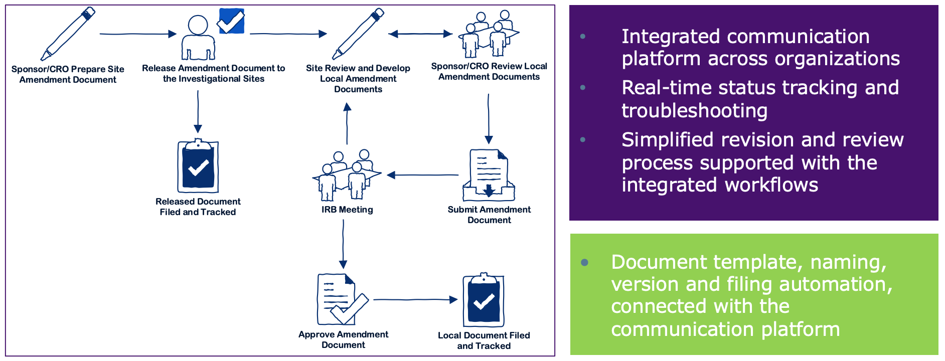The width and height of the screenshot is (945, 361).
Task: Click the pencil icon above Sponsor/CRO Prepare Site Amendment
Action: tap(68, 34)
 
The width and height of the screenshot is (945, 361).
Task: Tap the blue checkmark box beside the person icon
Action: tap(231, 21)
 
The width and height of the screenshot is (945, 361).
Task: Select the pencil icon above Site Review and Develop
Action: tap(358, 34)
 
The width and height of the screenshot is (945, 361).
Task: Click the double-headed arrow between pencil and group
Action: tap(420, 34)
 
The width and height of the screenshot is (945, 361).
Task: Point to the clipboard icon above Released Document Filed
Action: tap(198, 166)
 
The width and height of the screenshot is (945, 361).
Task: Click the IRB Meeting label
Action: tap(347, 210)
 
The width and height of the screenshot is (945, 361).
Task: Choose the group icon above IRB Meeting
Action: tap(347, 174)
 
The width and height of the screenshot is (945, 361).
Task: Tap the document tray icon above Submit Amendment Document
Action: tap(489, 175)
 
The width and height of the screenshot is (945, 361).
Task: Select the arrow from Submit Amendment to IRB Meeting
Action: tap(422, 175)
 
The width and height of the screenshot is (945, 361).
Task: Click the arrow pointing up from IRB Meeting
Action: tap(347, 123)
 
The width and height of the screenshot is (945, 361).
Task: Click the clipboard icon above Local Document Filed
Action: tap(484, 300)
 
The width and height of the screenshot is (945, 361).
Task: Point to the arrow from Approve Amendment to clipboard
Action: tap(415, 300)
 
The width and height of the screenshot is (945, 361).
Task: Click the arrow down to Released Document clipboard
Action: tap(198, 111)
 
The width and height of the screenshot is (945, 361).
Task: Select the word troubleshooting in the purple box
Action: tap(694, 110)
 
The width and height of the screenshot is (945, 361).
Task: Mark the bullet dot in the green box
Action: tap(584, 262)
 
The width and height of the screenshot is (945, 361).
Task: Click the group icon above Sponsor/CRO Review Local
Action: tap(489, 34)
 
